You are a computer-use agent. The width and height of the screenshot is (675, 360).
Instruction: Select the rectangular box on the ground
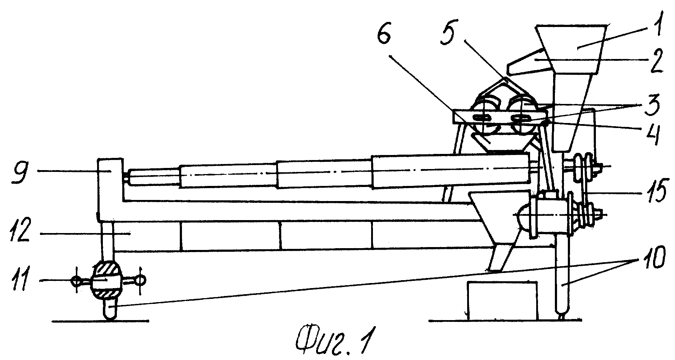[x=502, y=300]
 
